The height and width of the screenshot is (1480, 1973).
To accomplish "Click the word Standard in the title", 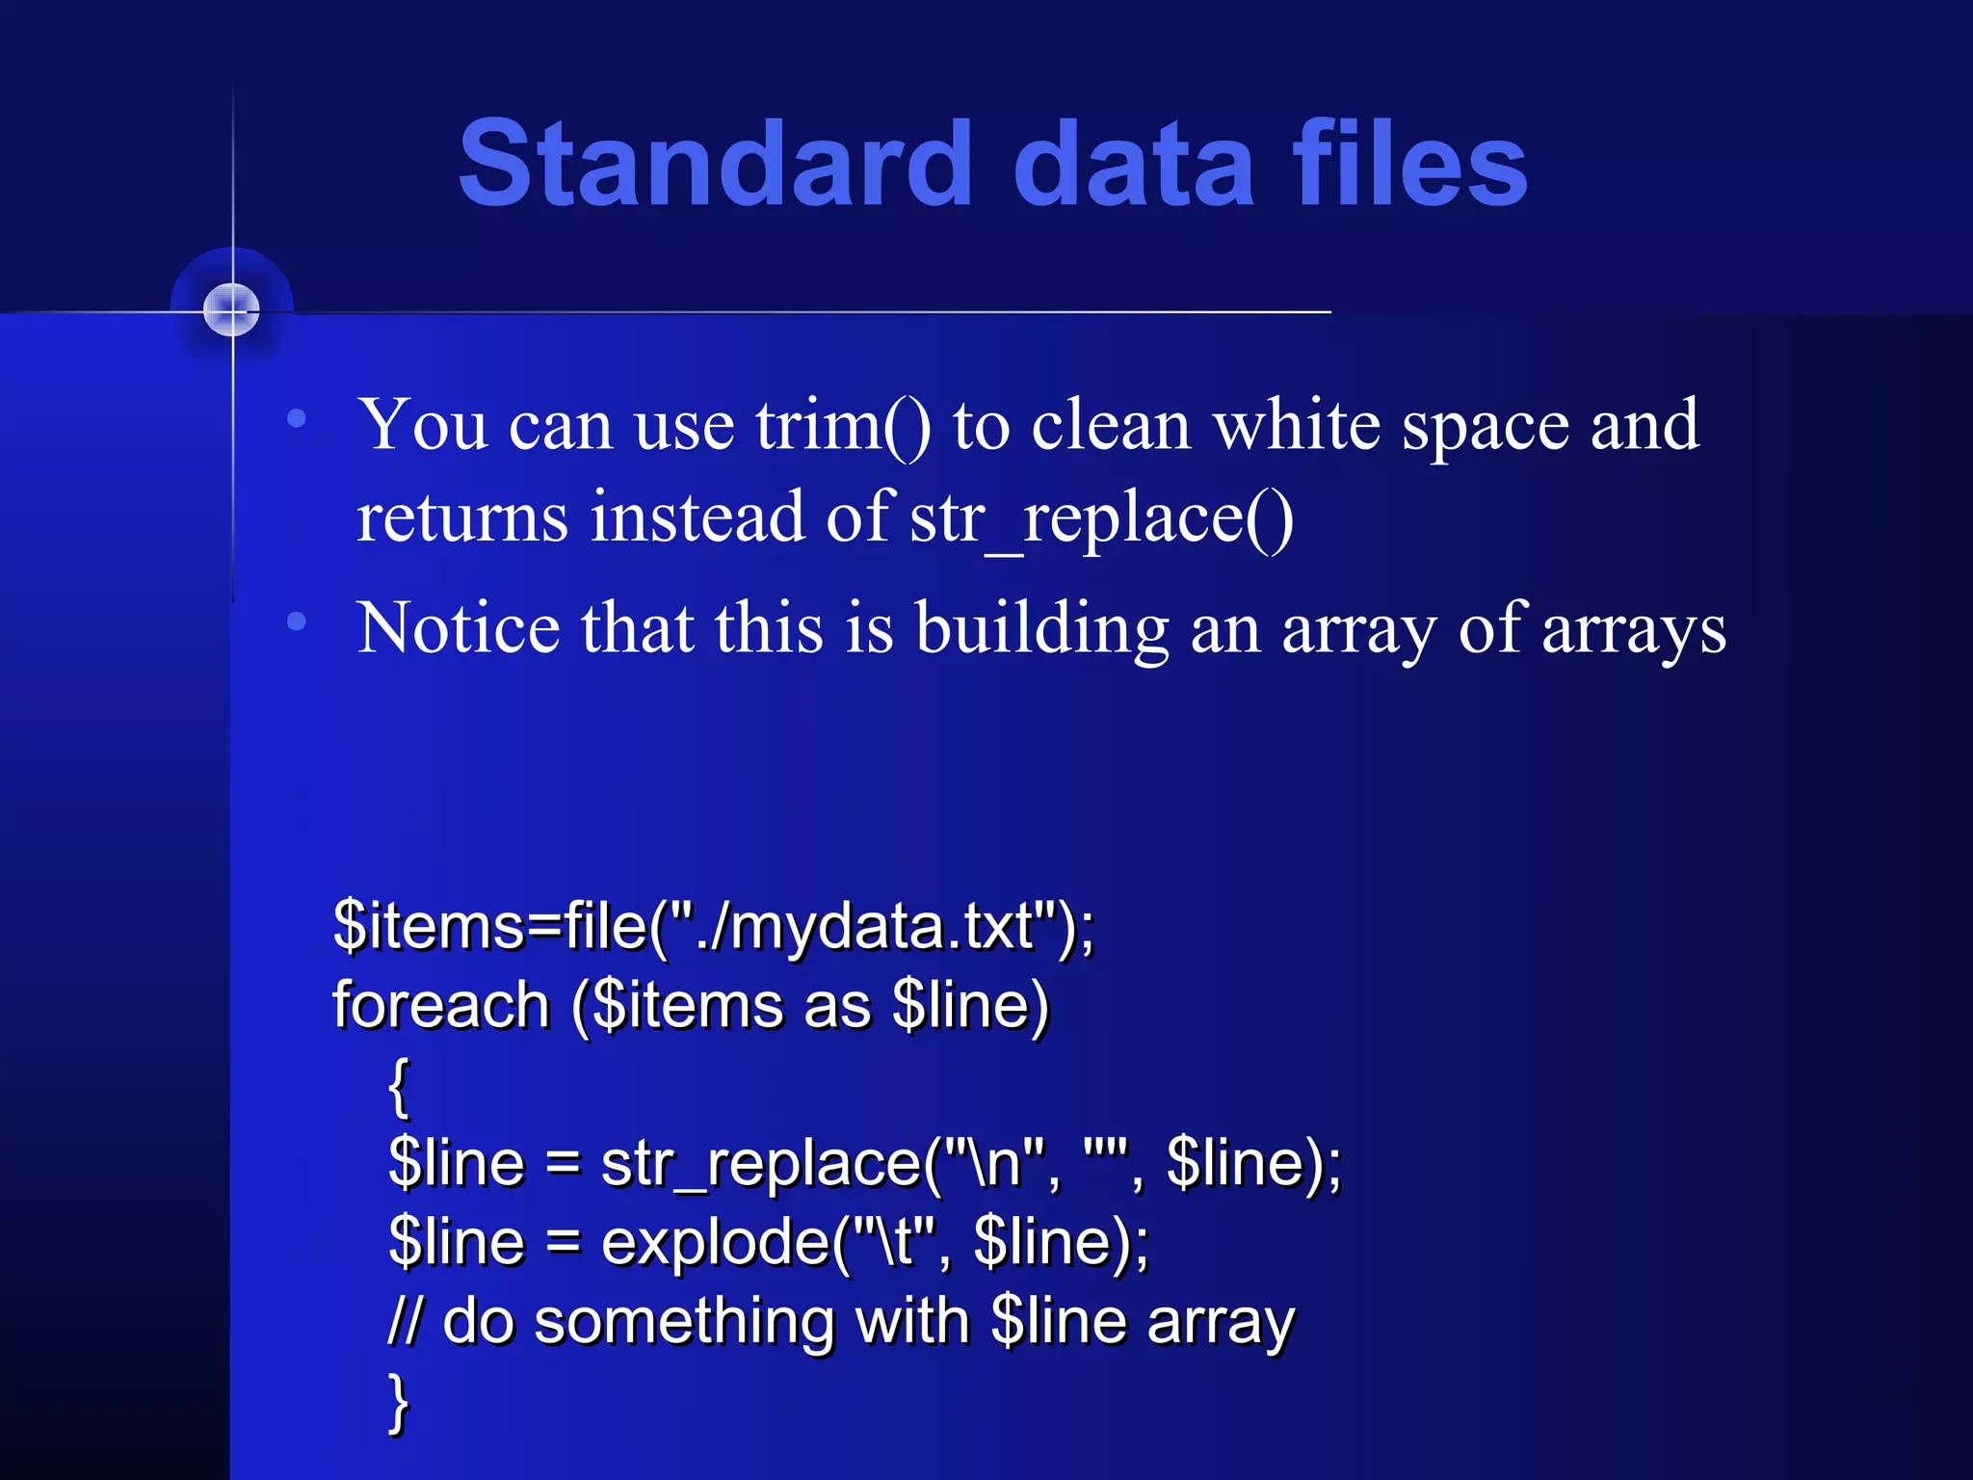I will click(x=715, y=164).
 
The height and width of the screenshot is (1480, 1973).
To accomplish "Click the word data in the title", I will click(x=1134, y=164).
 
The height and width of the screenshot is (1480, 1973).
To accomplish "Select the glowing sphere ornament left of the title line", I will click(x=231, y=310).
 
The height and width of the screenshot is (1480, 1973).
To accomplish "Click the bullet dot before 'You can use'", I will click(x=297, y=418).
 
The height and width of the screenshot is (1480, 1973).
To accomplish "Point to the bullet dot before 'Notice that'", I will click(x=297, y=622).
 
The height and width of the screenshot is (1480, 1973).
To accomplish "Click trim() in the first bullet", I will click(x=843, y=425).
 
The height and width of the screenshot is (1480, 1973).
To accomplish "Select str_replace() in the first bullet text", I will click(x=1101, y=518).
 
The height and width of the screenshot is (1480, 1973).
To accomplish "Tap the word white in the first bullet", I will click(x=1296, y=425).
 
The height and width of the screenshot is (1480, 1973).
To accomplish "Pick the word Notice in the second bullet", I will click(x=458, y=628).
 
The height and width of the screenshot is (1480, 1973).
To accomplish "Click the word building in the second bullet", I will click(x=1041, y=628).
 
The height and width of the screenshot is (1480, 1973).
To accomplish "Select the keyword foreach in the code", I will click(x=441, y=1005).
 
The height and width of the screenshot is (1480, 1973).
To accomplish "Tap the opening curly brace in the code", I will click(x=399, y=1086).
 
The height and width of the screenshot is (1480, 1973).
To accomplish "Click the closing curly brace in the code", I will click(x=399, y=1403).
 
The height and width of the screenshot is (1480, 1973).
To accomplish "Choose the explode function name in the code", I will click(x=715, y=1243).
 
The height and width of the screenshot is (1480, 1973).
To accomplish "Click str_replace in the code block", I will click(x=761, y=1164).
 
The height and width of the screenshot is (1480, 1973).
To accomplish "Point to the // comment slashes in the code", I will click(x=405, y=1321).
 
